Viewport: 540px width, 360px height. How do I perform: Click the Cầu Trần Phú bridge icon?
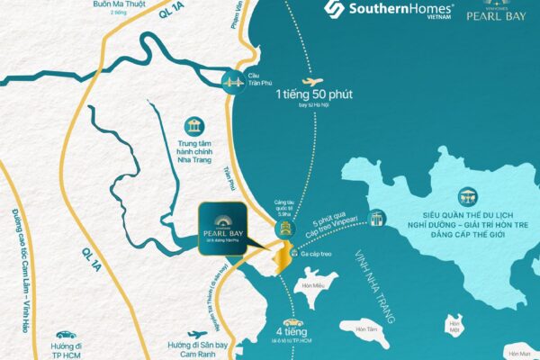click(x=236, y=79)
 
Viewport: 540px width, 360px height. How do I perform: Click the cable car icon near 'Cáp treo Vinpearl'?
click(x=377, y=218)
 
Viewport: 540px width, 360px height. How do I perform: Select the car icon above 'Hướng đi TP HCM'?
click(x=60, y=334)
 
